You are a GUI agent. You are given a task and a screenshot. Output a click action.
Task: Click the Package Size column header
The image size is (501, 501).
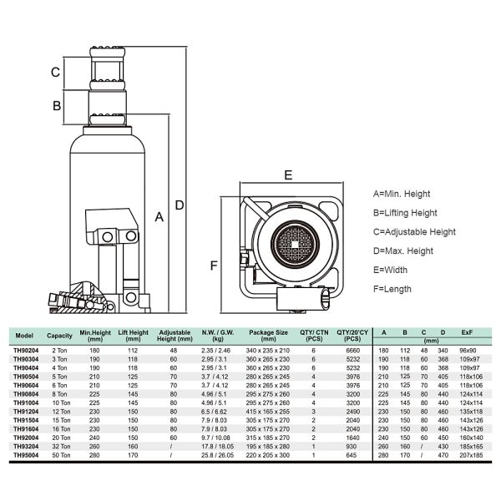[267, 335]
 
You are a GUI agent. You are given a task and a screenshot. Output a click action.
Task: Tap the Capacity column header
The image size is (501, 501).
[60, 335]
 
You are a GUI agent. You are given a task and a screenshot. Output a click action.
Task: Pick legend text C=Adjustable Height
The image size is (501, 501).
[413, 232]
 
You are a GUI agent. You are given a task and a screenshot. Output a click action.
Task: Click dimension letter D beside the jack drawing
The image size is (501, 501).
[179, 205]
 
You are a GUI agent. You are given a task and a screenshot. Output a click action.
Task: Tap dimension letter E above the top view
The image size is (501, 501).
[287, 175]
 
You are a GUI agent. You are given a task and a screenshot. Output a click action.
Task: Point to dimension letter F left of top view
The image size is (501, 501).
[213, 266]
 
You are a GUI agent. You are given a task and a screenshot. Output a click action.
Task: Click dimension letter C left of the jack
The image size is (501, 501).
[54, 73]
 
